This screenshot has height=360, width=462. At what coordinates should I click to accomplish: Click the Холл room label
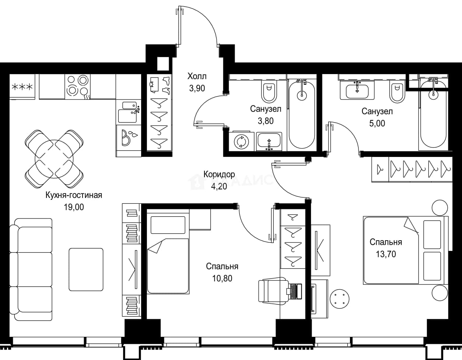197,76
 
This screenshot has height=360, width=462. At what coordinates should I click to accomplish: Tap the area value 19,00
74,207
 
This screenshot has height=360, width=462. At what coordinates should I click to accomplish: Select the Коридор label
219,174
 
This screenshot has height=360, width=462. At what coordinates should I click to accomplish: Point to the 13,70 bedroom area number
386,254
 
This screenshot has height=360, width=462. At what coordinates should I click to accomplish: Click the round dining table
54,159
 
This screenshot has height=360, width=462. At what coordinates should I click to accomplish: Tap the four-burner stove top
77,87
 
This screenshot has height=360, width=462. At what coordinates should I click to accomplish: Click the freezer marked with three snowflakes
22,87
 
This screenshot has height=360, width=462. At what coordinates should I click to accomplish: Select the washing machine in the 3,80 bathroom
241,141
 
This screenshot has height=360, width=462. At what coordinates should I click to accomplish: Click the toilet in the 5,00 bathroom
397,93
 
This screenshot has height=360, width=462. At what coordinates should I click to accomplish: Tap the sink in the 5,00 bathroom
357,91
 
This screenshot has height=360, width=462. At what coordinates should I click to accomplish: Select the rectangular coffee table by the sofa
86,269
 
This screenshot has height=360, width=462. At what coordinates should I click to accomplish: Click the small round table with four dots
340,299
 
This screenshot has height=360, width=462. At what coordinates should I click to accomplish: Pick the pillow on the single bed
168,225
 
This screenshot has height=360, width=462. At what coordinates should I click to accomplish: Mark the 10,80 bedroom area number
222,278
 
